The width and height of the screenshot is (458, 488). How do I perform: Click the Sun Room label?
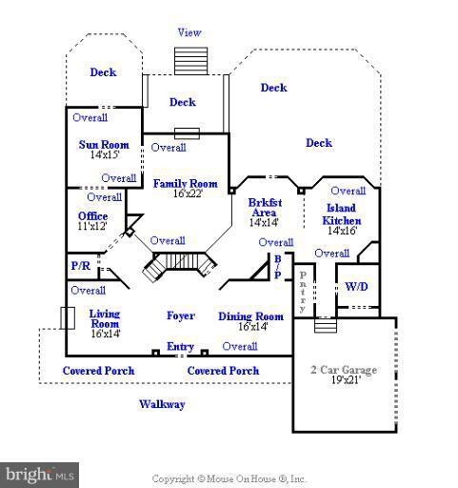click(x=104, y=145)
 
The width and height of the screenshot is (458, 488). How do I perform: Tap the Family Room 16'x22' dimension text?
click(x=188, y=193)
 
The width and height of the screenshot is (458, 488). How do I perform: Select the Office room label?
click(x=92, y=216)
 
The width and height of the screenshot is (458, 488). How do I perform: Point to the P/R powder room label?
click(x=81, y=266)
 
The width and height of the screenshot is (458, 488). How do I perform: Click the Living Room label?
click(x=105, y=318)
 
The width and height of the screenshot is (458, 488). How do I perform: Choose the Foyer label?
click(x=181, y=315)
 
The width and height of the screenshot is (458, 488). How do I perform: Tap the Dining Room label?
click(x=250, y=316)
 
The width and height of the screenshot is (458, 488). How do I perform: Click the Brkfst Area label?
click(x=265, y=208)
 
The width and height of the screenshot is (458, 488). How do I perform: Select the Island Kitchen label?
click(x=342, y=214)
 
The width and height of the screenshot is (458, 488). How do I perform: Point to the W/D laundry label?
click(x=356, y=287)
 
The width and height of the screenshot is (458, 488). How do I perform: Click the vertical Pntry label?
click(x=303, y=292)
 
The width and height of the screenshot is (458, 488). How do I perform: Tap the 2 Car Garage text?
click(x=344, y=370)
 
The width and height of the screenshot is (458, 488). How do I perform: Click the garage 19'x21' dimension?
click(x=346, y=379)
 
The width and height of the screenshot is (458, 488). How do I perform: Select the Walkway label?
click(x=162, y=404)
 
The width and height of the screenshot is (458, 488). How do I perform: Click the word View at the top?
click(x=189, y=32)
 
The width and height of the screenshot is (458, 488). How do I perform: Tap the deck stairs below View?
click(x=190, y=61)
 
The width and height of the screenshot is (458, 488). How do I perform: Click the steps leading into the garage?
click(x=326, y=325)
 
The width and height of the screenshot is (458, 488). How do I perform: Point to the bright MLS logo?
click(x=39, y=476)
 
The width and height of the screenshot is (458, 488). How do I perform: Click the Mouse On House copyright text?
click(x=229, y=478)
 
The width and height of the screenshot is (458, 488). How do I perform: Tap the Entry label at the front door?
click(x=180, y=346)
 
